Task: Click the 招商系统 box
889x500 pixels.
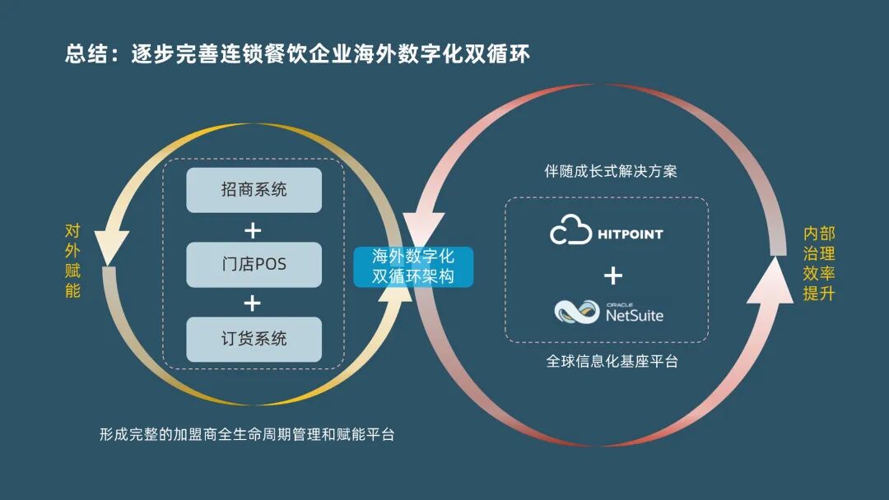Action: tap(253, 190)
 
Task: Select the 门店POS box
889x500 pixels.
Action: tap(253, 264)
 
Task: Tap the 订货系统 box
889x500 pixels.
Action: tap(253, 339)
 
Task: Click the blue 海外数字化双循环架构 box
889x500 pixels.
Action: tap(414, 266)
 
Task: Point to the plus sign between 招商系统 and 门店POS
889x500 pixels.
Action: tap(253, 228)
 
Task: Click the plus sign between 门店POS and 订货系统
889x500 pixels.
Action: tap(253, 303)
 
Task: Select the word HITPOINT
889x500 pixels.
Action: tap(630, 234)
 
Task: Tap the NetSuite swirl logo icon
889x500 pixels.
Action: tap(576, 312)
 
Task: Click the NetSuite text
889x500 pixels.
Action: tap(635, 315)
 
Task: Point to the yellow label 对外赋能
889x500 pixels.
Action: tap(72, 261)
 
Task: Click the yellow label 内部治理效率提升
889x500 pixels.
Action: tap(818, 264)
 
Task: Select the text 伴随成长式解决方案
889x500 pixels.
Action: tap(611, 172)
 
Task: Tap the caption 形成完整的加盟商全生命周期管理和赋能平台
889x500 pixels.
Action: tap(247, 434)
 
